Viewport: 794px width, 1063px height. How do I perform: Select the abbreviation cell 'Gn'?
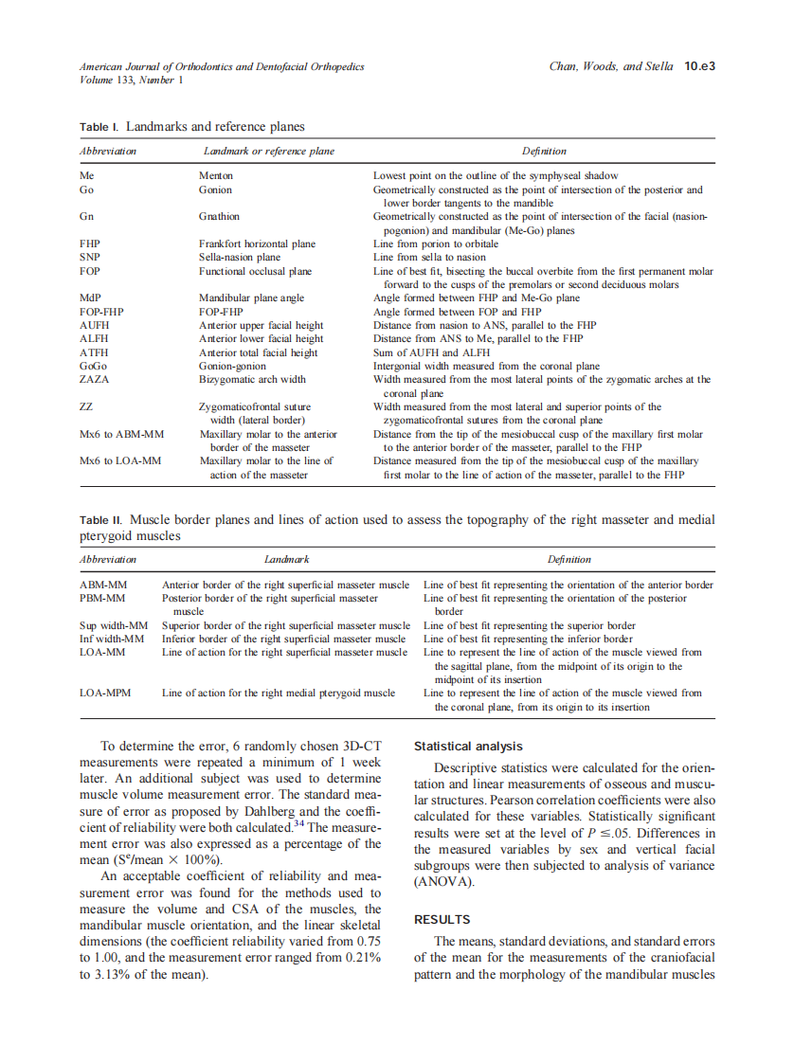click(86, 216)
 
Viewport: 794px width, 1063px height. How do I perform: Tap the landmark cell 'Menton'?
click(215, 175)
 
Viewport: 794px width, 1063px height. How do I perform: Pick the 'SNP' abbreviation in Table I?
click(90, 257)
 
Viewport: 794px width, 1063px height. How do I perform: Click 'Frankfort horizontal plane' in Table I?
click(257, 243)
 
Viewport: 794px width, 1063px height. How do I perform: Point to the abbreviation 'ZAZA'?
click(94, 379)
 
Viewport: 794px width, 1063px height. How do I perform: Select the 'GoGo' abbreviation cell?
click(93, 366)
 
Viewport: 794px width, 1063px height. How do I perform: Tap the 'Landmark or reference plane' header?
click(269, 151)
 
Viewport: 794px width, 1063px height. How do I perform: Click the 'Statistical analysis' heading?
click(468, 747)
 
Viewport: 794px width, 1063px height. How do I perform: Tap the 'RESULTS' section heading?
click(442, 919)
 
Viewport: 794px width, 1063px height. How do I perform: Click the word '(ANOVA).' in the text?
click(444, 881)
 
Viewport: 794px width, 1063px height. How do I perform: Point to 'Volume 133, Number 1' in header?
click(131, 81)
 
